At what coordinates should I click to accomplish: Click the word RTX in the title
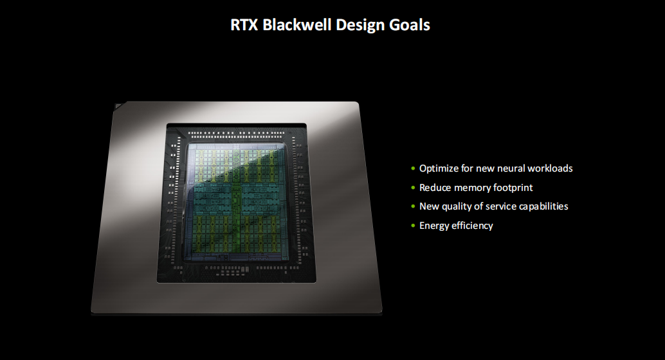pyautogui.click(x=244, y=24)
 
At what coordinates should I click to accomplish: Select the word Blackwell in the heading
pyautogui.click(x=297, y=24)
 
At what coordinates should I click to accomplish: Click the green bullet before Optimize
pyautogui.click(x=413, y=169)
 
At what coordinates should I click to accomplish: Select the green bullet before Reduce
pyautogui.click(x=413, y=188)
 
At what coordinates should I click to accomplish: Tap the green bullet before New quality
pyautogui.click(x=413, y=206)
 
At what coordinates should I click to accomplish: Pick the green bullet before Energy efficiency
pyautogui.click(x=413, y=226)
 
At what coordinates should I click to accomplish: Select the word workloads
pyautogui.click(x=550, y=168)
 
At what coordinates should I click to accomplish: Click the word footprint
pyautogui.click(x=513, y=188)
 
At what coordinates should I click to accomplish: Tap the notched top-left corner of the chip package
pyautogui.click(x=118, y=105)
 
